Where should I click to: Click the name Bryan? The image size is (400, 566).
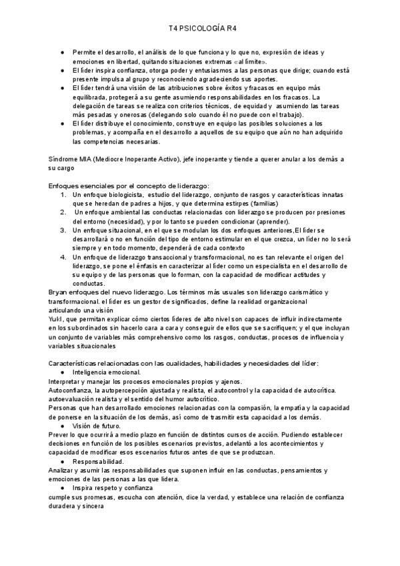[x=59, y=292]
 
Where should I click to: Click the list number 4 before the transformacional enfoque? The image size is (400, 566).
[x=63, y=257]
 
